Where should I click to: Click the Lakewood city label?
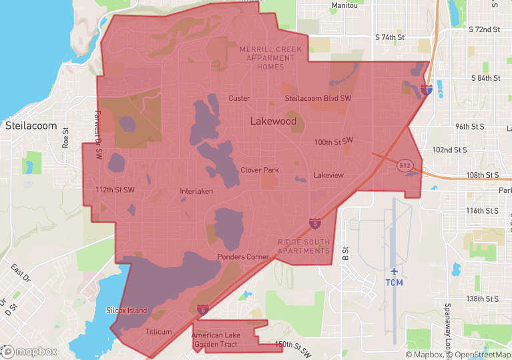(x=273, y=122)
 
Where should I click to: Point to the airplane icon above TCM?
(x=394, y=272)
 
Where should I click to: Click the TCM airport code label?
(x=394, y=283)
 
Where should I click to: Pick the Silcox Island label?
(x=127, y=311)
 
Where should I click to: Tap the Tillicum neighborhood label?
(x=158, y=332)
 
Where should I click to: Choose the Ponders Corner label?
(x=243, y=257)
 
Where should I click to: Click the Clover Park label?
(x=260, y=170)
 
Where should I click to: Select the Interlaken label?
(x=196, y=192)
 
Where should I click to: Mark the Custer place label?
(x=239, y=98)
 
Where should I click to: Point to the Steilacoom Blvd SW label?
(x=318, y=98)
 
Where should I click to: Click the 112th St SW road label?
(x=115, y=190)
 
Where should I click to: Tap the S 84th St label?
(x=485, y=78)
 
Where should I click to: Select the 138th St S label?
(x=484, y=299)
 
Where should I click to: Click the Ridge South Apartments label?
(x=304, y=246)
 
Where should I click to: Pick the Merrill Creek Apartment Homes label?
(x=270, y=58)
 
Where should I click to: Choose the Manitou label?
(x=344, y=5)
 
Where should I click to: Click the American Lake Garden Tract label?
(x=220, y=340)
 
